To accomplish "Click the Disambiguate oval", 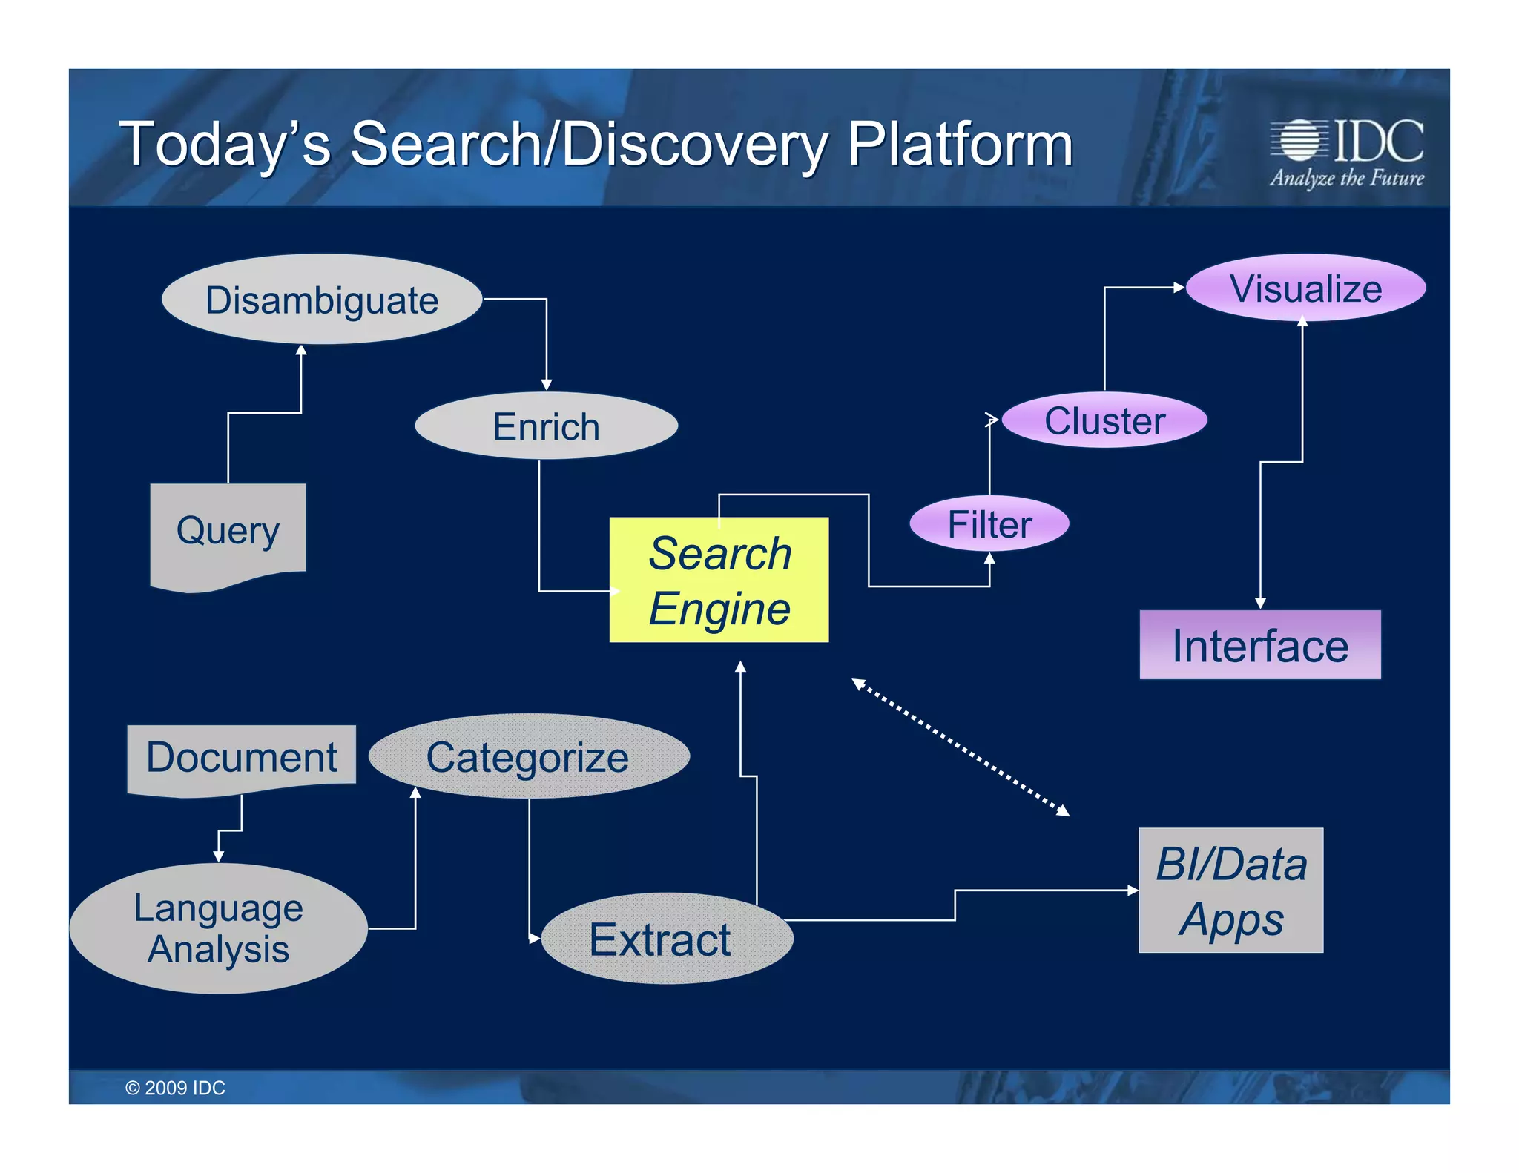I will (322, 300).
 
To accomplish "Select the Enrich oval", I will (546, 426).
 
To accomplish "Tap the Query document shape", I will (228, 531).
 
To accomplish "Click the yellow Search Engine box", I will (719, 580).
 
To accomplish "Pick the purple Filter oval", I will (989, 523).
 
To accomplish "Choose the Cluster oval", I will (1104, 420).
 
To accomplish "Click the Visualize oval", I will (1305, 288).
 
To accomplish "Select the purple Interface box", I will (1259, 645).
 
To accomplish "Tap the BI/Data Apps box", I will (1230, 891).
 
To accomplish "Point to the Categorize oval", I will (528, 757).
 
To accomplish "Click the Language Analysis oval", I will (219, 928).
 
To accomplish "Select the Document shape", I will (241, 758).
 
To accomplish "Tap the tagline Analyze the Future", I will (1346, 179).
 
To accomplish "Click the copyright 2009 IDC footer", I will (175, 1088).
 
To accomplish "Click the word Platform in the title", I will (960, 144).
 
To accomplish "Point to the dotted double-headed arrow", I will (961, 747).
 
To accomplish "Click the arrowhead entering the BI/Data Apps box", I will (1133, 890).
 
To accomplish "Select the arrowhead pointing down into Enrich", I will (546, 384).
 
